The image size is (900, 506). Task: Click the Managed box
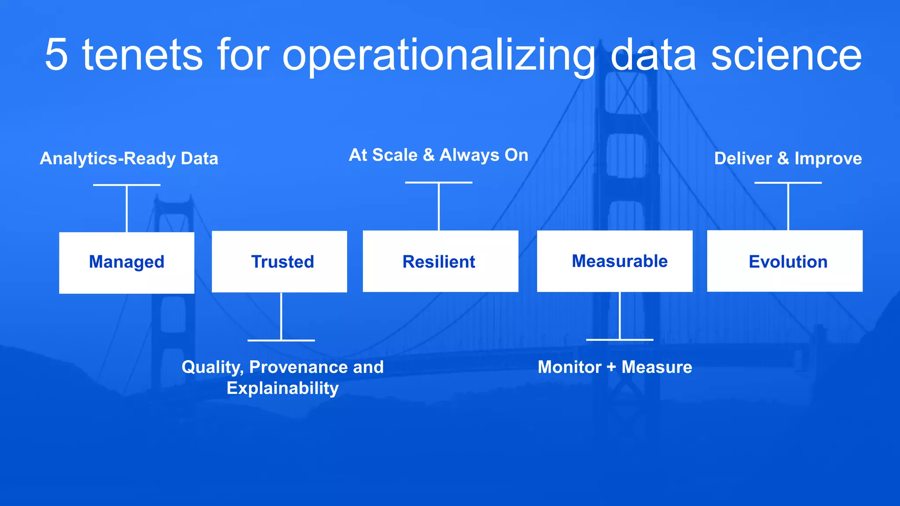tap(127, 263)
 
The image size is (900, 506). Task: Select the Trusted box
tap(279, 262)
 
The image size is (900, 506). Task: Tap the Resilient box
tap(440, 261)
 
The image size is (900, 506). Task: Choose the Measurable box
tap(614, 261)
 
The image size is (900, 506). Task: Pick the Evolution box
tap(784, 261)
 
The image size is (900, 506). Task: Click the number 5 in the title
tap(56, 54)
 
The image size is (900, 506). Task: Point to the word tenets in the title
tap(142, 54)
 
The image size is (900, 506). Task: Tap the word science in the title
tap(786, 54)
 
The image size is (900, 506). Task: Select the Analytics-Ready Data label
tap(129, 159)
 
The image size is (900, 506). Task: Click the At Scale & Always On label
tap(438, 155)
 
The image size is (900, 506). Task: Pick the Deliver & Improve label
tap(787, 159)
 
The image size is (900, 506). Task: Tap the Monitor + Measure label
tap(614, 367)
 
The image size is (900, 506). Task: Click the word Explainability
tap(283, 388)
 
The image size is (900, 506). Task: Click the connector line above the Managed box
tap(127, 209)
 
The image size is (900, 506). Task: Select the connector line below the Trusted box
tap(281, 316)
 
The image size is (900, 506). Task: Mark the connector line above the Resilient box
tap(439, 206)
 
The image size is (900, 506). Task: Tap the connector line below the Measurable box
tap(620, 315)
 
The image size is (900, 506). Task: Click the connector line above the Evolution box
tap(788, 206)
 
